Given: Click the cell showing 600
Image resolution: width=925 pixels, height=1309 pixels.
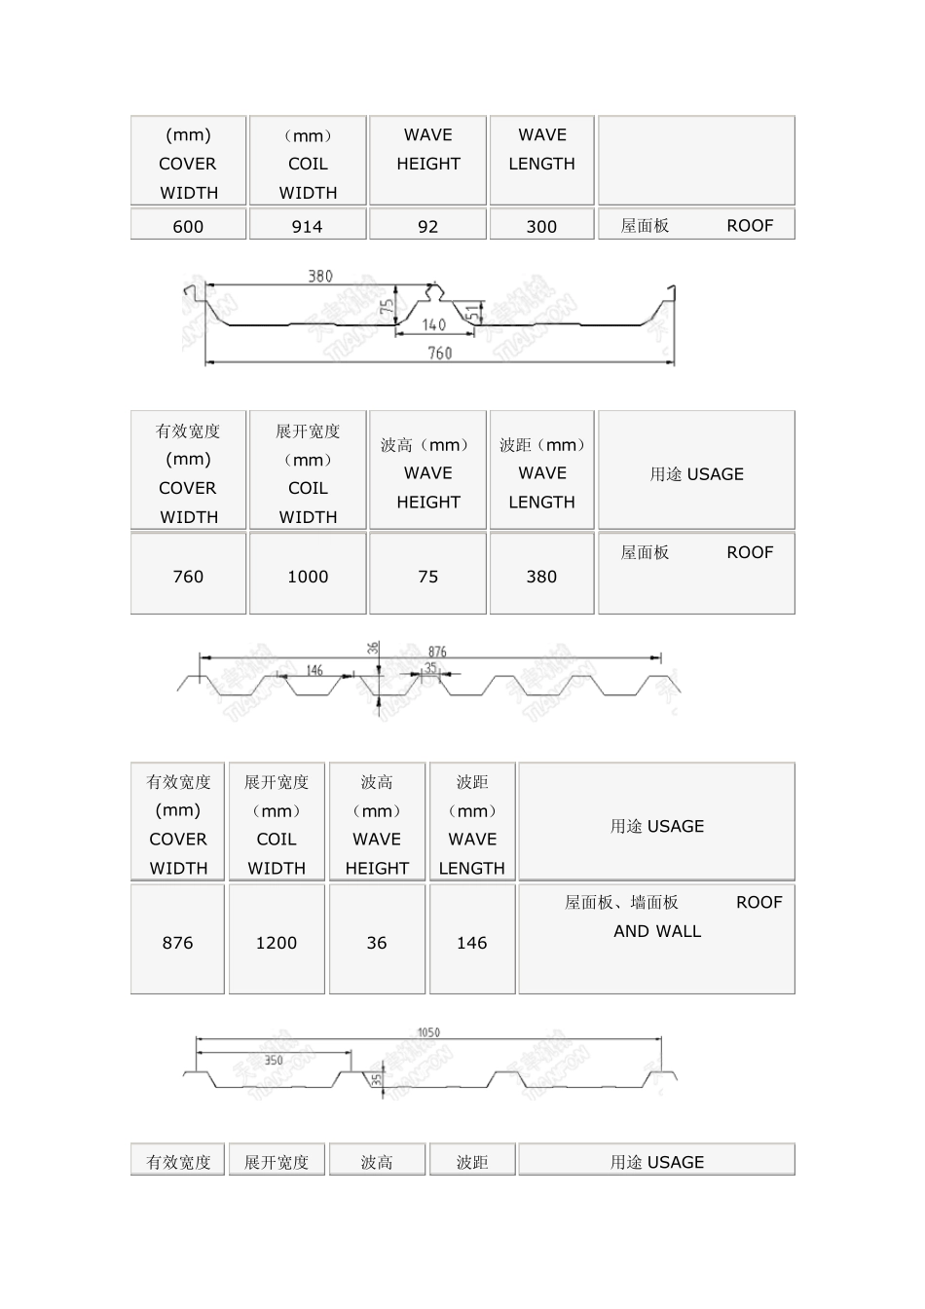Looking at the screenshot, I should tap(188, 226).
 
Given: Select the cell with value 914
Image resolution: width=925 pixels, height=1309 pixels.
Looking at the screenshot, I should tap(308, 226).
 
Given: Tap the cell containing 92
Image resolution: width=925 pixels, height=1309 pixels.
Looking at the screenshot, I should tap(427, 226).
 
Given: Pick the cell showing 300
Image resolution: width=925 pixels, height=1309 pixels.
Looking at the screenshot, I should tap(541, 226).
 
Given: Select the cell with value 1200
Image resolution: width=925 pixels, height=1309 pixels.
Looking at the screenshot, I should tap(277, 942).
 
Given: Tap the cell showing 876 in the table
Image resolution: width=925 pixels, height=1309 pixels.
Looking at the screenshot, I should tap(178, 942).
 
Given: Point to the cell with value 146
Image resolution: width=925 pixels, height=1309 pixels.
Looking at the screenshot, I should tap(472, 942).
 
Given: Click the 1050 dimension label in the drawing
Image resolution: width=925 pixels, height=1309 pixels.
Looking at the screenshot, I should tap(428, 1032).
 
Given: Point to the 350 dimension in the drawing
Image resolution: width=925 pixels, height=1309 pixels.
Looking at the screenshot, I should tap(274, 1060).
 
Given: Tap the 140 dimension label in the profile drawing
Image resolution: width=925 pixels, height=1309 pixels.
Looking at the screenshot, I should tap(434, 324).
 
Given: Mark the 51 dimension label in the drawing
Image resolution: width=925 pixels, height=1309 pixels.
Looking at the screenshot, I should tap(473, 313).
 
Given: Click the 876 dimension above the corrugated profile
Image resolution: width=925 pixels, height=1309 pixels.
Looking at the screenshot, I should tap(437, 652).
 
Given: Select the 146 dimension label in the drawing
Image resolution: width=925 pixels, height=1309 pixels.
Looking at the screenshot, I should tap(314, 670).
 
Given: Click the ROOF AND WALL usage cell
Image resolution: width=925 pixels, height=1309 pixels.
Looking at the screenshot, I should tap(657, 938).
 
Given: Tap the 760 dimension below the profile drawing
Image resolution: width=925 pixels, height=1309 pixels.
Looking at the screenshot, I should tap(440, 353).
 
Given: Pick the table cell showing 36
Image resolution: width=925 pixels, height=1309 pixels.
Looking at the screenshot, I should tap(377, 942).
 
